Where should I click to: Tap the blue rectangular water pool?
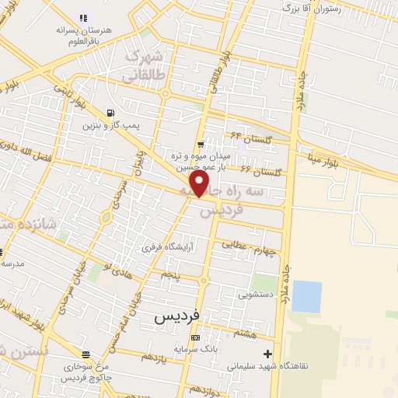pyautogui.click(x=306, y=296)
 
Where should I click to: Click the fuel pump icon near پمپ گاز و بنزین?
pyautogui.click(x=115, y=111)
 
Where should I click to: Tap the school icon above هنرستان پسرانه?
pyautogui.click(x=84, y=17)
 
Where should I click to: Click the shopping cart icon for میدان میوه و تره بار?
pyautogui.click(x=201, y=144)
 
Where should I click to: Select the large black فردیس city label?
pyautogui.click(x=177, y=316)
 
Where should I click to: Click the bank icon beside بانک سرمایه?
pyautogui.click(x=194, y=337)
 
